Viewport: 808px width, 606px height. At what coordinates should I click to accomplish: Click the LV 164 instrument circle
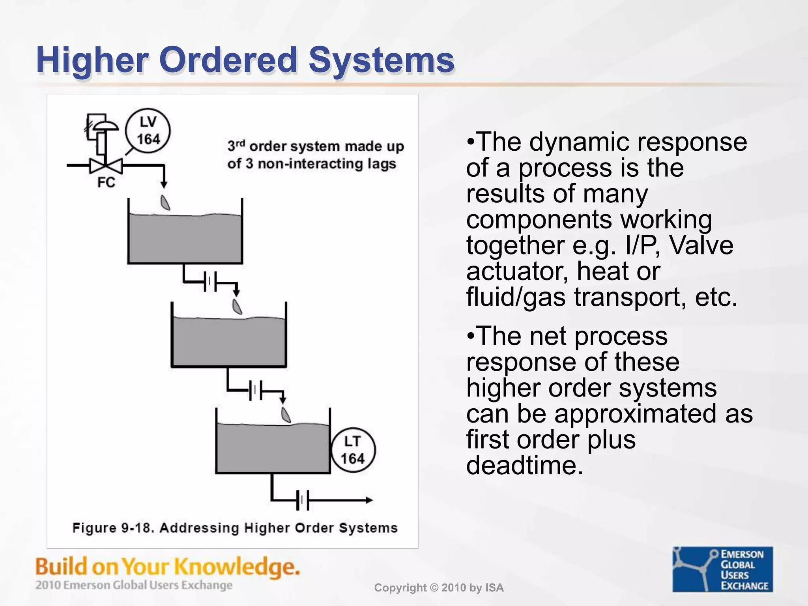(x=148, y=131)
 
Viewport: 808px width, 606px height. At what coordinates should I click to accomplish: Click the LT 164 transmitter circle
(x=352, y=450)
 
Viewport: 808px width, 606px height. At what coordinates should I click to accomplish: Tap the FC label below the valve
(x=106, y=183)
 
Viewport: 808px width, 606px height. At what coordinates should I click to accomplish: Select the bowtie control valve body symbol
(x=106, y=166)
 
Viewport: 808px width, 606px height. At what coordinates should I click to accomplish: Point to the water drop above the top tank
(x=165, y=202)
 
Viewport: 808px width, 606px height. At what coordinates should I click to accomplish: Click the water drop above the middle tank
(x=237, y=307)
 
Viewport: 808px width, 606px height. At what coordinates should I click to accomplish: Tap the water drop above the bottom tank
(x=286, y=415)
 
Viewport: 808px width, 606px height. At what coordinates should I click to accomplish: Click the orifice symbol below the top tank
(x=210, y=282)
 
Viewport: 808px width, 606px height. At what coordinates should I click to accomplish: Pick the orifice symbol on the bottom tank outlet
(x=302, y=500)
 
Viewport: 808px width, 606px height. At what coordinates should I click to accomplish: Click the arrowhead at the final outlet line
(x=369, y=500)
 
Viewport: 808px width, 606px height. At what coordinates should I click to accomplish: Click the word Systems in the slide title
(x=381, y=60)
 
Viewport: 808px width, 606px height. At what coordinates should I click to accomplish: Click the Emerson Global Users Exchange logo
(x=722, y=569)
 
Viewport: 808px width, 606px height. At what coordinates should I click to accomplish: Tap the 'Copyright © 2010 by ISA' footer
(x=439, y=588)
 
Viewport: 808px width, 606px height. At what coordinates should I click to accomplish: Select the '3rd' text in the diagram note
(x=236, y=146)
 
